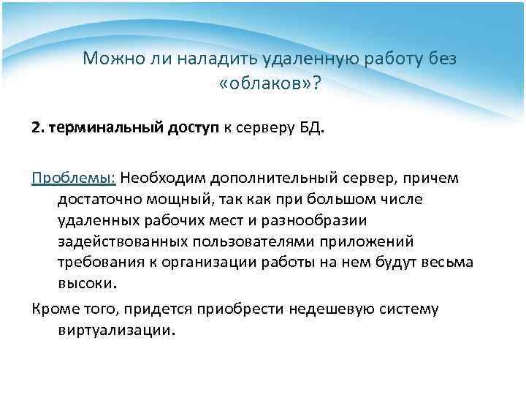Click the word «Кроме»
coord(54,309)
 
